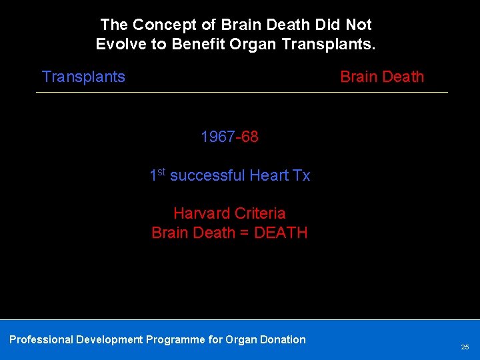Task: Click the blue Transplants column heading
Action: coord(83,77)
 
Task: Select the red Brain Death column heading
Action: coord(382,77)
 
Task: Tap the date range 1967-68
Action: coord(229,137)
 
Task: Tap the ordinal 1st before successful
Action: coord(157,175)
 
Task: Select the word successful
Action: coord(207,175)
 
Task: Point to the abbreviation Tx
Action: coord(301,175)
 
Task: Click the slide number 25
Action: coord(465,347)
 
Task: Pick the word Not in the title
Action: coord(359,25)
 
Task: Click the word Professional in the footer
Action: coord(41,339)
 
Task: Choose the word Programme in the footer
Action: coord(176,339)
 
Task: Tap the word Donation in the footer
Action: coord(281,339)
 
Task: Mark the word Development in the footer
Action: coord(109,339)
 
